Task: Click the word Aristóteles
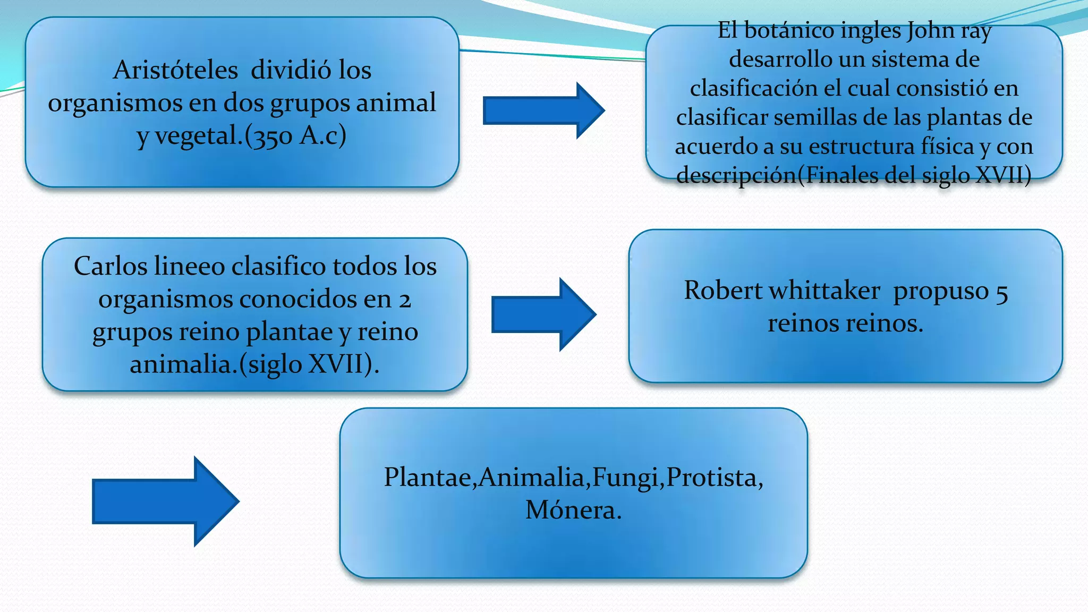click(175, 71)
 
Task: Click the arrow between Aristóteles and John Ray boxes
click(542, 110)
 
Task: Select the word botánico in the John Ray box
click(789, 30)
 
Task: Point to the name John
click(931, 30)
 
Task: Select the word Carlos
click(110, 266)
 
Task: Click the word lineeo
click(189, 266)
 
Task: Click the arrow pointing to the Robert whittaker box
click(543, 314)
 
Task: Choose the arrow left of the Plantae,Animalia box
click(165, 501)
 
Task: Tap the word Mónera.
click(573, 511)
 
